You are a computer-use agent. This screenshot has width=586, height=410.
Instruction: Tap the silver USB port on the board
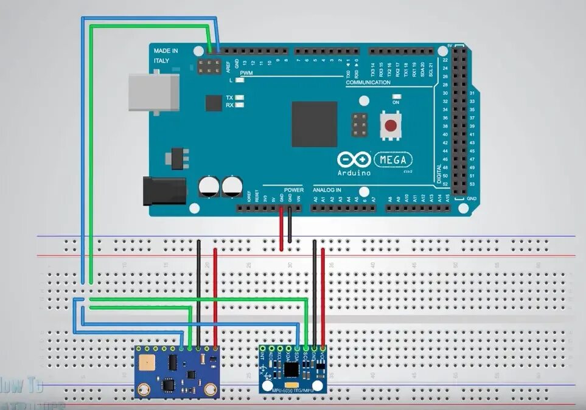coord(153,92)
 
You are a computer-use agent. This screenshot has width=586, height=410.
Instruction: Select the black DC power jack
coord(164,190)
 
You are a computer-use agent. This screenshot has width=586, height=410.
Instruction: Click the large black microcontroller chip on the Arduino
coord(314,124)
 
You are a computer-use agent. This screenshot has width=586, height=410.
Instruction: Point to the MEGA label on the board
coord(393,160)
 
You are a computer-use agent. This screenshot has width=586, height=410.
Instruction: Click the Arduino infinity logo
coord(354,160)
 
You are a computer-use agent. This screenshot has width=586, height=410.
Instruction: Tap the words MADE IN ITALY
coord(166,56)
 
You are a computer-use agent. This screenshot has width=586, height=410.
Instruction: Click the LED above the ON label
coord(397,96)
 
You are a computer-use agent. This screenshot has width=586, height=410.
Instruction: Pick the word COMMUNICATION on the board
coord(368,83)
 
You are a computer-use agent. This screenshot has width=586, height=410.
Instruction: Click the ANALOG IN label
coord(327,190)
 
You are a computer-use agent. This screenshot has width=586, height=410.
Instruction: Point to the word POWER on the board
coord(293,190)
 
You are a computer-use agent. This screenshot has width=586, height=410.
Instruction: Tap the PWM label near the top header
coord(246,73)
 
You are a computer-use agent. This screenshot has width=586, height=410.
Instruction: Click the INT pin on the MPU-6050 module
coord(263,348)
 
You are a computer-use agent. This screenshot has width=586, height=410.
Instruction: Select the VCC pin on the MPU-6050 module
coord(323,348)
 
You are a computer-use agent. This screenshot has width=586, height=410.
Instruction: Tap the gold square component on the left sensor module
coord(146,364)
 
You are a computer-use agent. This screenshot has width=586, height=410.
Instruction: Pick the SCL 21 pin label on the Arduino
coord(430,68)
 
